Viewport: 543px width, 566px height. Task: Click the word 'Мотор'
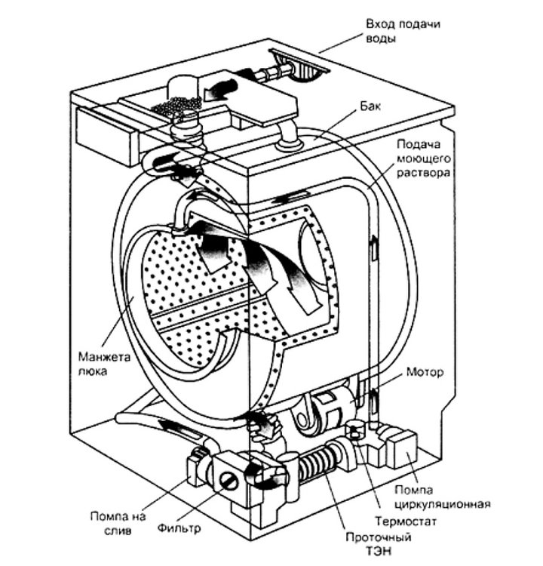[x=423, y=372]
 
